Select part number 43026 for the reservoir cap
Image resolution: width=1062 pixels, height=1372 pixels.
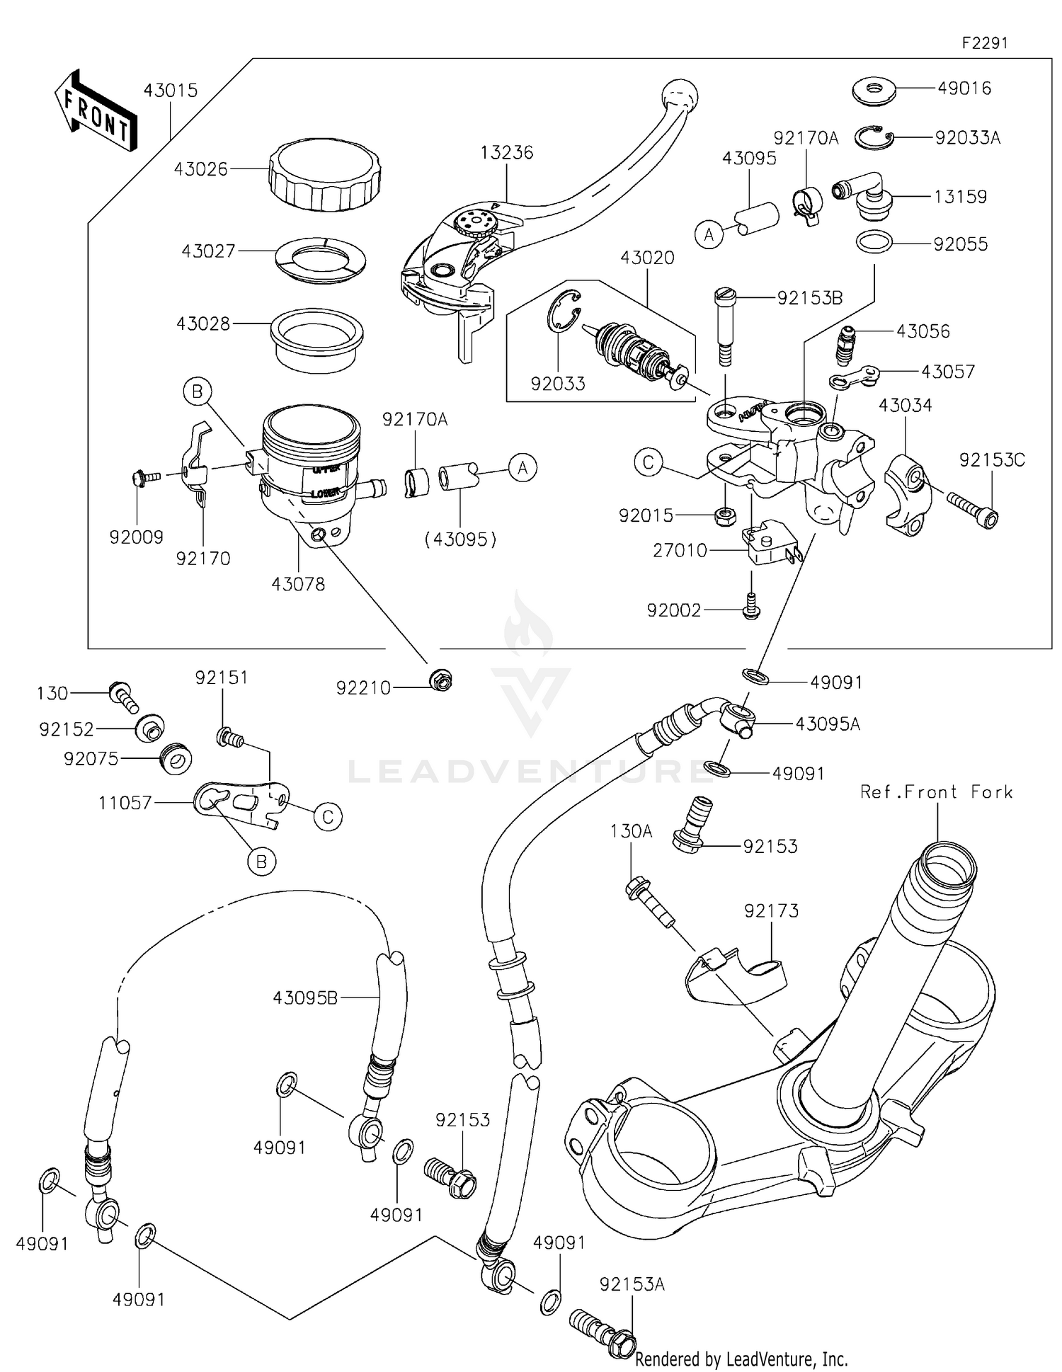pyautogui.click(x=201, y=169)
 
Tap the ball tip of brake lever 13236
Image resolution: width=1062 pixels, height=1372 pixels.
pyautogui.click(x=679, y=94)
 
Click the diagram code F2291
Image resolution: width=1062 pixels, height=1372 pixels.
pyautogui.click(x=984, y=43)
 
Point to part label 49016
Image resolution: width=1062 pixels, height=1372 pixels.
pyautogui.click(x=964, y=88)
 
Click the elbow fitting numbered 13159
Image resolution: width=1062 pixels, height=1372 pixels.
pyautogui.click(x=860, y=193)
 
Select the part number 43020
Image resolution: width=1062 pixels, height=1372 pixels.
pyautogui.click(x=647, y=258)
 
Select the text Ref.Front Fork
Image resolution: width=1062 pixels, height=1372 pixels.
pyautogui.click(x=936, y=792)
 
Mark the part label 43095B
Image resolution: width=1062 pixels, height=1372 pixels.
pyautogui.click(x=305, y=997)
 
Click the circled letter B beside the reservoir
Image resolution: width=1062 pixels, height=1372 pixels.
pyautogui.click(x=198, y=391)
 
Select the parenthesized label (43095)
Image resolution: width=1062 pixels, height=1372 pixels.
pyautogui.click(x=460, y=539)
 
